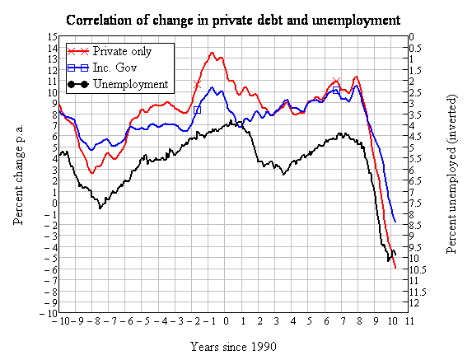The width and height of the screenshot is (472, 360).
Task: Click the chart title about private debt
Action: click(233, 21)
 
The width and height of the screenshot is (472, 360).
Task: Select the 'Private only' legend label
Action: click(122, 51)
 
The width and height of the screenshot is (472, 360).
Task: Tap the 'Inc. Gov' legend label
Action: click(114, 68)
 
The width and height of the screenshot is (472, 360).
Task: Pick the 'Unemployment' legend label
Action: click(131, 84)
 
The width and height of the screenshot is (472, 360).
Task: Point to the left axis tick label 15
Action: click(52, 37)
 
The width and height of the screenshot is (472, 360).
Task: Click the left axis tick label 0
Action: click(54, 203)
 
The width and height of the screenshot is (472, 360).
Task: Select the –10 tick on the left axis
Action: click(49, 313)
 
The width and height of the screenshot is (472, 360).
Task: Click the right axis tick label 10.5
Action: click(418, 269)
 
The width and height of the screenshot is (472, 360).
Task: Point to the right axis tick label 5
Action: click(412, 147)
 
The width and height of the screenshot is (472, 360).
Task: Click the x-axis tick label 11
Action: click(409, 321)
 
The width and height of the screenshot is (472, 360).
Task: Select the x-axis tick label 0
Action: click(226, 321)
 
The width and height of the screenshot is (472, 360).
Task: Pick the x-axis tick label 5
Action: click(310, 321)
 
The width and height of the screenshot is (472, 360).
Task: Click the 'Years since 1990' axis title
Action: click(233, 347)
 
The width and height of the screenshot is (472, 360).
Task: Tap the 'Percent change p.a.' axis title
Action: click(18, 175)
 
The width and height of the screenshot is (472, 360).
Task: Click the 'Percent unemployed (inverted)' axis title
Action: click(451, 175)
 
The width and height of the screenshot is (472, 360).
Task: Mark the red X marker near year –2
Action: click(197, 85)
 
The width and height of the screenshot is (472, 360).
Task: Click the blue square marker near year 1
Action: click(241, 124)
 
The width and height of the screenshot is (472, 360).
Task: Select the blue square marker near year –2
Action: click(197, 110)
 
